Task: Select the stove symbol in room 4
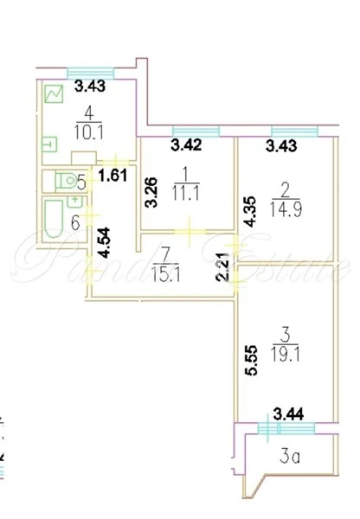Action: (54, 93)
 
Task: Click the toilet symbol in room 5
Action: (63, 181)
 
